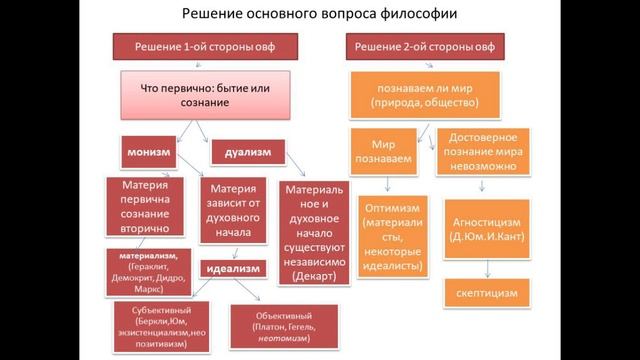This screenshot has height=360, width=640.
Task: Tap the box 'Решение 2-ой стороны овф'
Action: [426, 47]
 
